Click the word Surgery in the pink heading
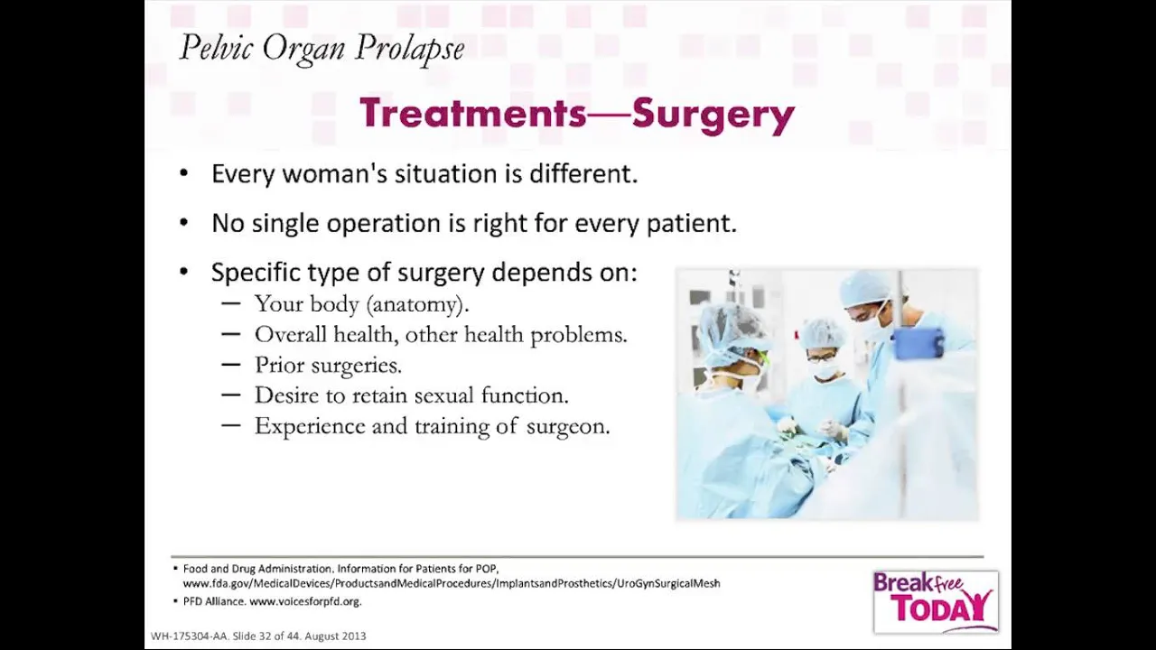[713, 114]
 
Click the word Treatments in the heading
[473, 113]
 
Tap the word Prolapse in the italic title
[410, 50]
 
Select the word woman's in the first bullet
[335, 174]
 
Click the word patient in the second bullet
[692, 224]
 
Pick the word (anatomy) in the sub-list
[417, 304]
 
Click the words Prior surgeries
[328, 366]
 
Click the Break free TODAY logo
[936, 601]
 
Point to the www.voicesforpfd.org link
[305, 601]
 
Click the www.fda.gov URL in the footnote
[452, 583]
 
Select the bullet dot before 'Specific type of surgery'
[183, 272]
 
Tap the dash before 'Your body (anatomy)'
[230, 303]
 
